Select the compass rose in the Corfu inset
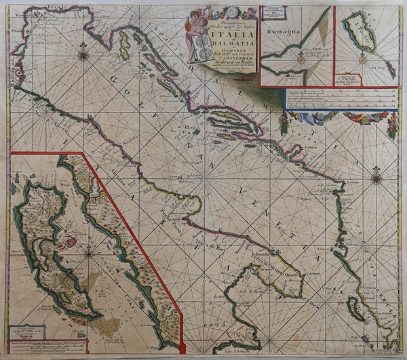(88, 256)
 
